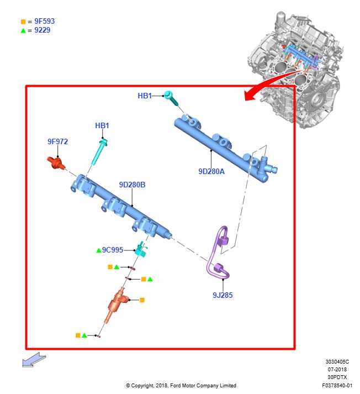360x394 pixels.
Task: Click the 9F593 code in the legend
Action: pos(44,22)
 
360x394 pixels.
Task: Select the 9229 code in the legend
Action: pos(42,30)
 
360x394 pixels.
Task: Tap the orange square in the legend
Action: pos(23,22)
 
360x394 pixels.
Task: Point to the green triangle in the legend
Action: pos(23,30)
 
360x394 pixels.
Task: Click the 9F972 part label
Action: pos(58,141)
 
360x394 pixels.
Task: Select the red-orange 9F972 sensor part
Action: pos(56,163)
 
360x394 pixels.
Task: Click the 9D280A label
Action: pos(211,171)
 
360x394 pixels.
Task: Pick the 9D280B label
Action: pos(132,185)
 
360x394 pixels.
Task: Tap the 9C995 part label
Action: pos(113,250)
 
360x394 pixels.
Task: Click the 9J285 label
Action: pos(223,295)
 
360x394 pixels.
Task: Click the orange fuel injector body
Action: pos(116,304)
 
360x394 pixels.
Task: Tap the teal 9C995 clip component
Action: pos(141,249)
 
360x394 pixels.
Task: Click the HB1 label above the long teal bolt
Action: pos(102,125)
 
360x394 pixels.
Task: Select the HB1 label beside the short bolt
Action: pos(145,96)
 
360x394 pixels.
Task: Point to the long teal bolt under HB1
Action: pos(99,153)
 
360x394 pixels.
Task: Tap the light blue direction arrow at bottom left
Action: pos(34,360)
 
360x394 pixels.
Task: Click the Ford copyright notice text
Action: pos(181,385)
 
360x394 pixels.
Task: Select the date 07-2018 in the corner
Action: pos(337,369)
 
